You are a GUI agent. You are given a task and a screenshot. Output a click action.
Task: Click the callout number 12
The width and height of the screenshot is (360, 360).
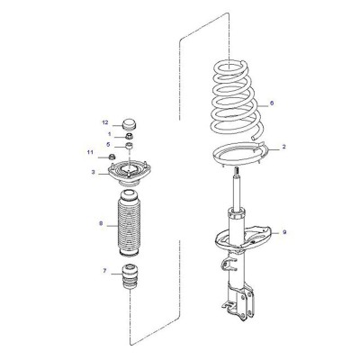105,122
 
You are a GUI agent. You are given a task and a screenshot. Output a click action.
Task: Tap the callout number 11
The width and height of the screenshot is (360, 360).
90,152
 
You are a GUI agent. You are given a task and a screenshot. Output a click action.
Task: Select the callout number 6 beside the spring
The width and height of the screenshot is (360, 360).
272,103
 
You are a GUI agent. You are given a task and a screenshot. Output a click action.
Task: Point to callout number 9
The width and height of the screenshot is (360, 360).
284,232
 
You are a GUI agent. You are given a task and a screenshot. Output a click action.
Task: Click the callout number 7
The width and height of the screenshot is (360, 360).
104,271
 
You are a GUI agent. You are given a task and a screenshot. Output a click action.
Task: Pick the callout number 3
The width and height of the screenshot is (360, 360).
94,172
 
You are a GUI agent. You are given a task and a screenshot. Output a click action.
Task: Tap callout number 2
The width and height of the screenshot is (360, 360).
283,147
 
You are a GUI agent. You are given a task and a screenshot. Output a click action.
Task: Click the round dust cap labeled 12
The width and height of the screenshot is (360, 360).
130,124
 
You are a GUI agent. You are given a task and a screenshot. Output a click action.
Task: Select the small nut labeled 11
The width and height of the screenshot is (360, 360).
112,157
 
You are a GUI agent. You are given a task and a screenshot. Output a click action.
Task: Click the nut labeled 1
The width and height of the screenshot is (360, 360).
130,136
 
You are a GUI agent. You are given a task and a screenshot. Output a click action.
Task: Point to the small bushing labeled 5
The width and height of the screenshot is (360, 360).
129,147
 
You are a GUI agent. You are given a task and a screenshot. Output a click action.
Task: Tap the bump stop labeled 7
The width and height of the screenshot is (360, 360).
130,276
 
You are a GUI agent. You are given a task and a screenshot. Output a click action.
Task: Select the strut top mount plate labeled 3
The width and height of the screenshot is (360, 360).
129,174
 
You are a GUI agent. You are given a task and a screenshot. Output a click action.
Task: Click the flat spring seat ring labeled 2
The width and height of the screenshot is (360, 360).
239,154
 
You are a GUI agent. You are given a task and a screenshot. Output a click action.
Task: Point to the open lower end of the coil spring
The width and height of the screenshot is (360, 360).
254,139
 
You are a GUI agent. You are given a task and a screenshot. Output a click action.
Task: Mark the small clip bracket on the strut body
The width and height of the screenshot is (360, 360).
225,264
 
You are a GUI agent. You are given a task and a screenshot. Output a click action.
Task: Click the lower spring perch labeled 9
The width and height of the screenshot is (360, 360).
243,238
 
